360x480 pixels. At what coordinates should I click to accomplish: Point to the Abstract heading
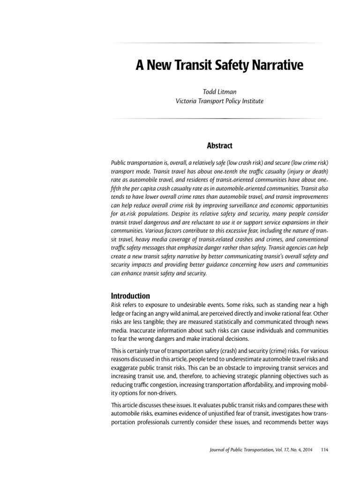pos(217,146)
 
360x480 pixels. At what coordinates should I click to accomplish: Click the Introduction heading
pos(130,296)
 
